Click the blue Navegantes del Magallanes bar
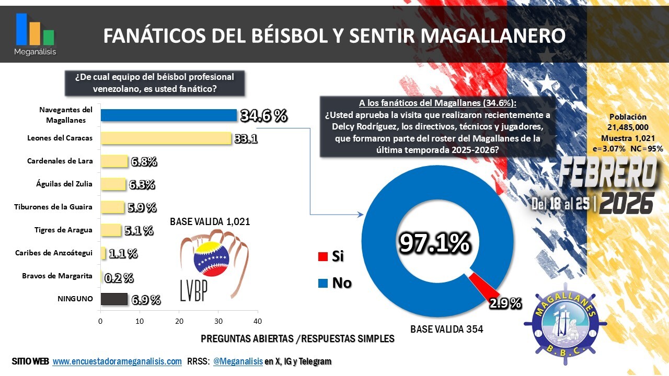pos(168,115)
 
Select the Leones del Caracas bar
pos(166,138)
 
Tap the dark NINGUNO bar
pos(114,299)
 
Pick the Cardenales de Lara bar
pos(114,161)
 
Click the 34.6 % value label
pos(263,116)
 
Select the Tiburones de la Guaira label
pos(53,207)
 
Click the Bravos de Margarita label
pos(57,276)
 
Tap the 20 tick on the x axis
pos(179,321)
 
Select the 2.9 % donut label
pos(505,303)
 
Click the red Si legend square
pos(322,256)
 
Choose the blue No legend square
pos(322,284)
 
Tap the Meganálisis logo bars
pos(35,30)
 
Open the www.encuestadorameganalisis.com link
pos(117,361)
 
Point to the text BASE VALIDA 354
pos(447,329)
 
